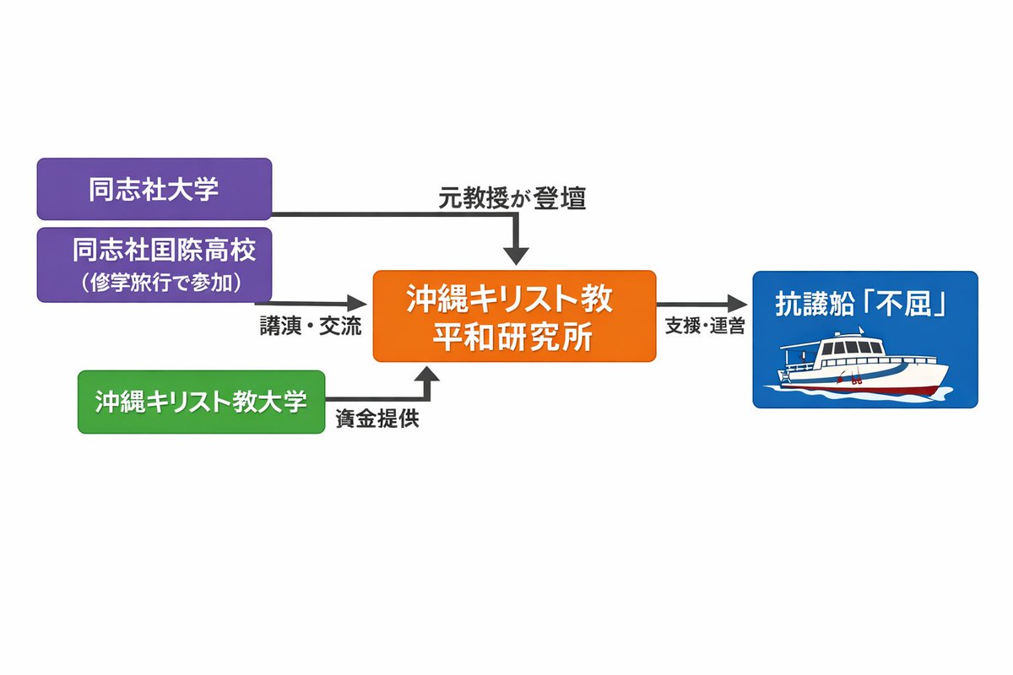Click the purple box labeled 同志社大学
pyautogui.click(x=154, y=189)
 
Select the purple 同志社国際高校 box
pyautogui.click(x=154, y=264)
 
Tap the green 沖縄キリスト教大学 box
pyautogui.click(x=201, y=402)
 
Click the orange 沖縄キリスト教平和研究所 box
pyautogui.click(x=514, y=316)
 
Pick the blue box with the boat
pyautogui.click(x=864, y=339)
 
